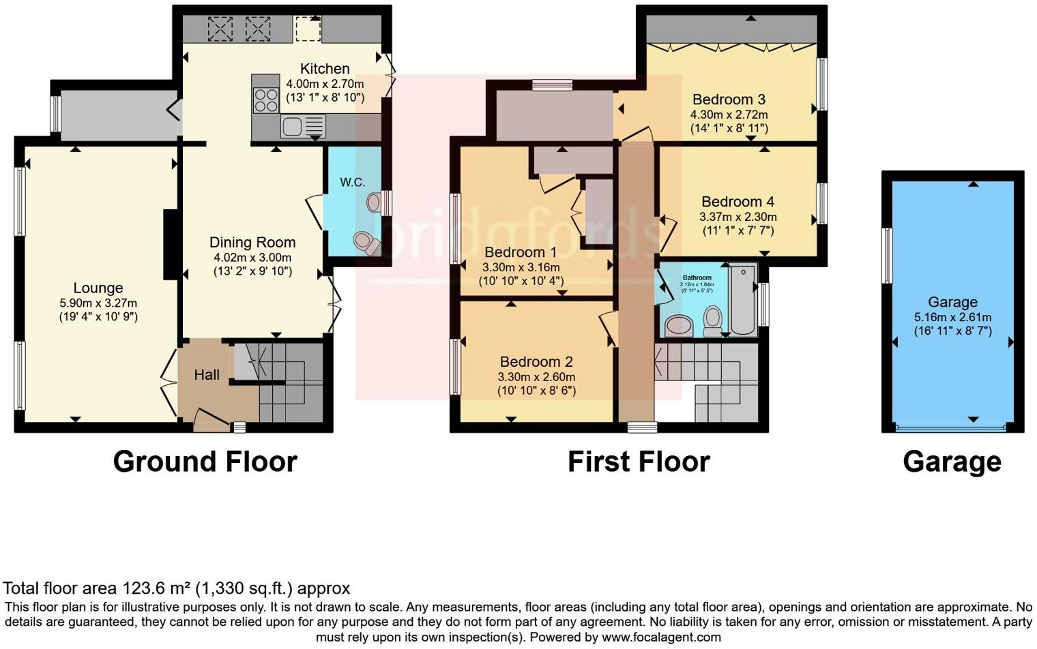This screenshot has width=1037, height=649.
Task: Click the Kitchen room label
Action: pos(325,69)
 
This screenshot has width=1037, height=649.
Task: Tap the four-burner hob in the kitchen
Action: pos(266,101)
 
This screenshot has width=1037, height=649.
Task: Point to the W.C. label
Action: pos(353,182)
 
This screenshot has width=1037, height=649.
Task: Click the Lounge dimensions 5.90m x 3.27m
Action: pos(98,303)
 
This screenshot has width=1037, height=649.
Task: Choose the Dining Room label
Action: pos(252,243)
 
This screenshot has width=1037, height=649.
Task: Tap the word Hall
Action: pos(207,374)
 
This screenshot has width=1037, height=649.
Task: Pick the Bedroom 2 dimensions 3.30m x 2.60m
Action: pos(536,377)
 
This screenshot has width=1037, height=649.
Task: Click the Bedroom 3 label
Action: pos(729,100)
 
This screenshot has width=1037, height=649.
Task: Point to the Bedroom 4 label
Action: pos(737,202)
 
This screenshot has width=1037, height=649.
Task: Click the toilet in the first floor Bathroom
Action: pos(713,321)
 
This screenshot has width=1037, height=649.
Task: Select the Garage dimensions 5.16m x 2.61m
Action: pos(952,318)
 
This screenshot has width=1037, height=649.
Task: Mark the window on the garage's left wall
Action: pos(887,255)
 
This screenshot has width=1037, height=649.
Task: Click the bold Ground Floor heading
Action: pos(205,462)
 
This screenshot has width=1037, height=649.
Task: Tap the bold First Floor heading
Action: pos(639,462)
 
